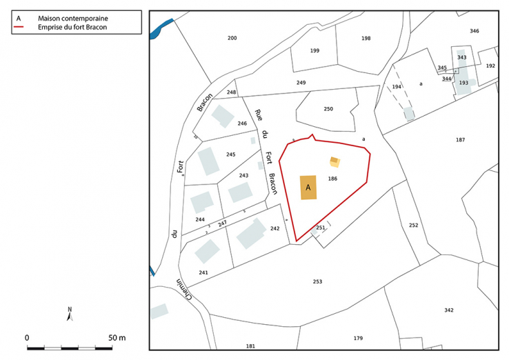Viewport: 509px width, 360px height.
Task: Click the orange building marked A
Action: (308, 187)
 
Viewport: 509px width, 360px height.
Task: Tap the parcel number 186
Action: (332, 179)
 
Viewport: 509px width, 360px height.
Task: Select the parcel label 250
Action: (328, 109)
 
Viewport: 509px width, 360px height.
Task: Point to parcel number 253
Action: (317, 281)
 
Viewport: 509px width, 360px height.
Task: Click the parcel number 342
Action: (449, 310)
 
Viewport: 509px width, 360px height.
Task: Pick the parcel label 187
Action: (460, 140)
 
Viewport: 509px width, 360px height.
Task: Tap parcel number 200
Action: (232, 37)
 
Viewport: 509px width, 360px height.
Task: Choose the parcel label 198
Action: (366, 39)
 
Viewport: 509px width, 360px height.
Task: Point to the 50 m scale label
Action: (117, 338)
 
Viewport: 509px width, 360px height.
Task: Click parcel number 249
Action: (301, 83)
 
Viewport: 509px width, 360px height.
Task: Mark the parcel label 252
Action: (413, 226)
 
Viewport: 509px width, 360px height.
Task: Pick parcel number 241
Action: (203, 272)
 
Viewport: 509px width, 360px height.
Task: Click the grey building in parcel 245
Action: (208, 161)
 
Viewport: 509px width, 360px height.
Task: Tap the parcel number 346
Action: (474, 31)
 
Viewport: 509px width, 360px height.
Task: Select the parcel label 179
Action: (358, 338)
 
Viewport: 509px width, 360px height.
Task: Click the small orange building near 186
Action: (335, 161)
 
